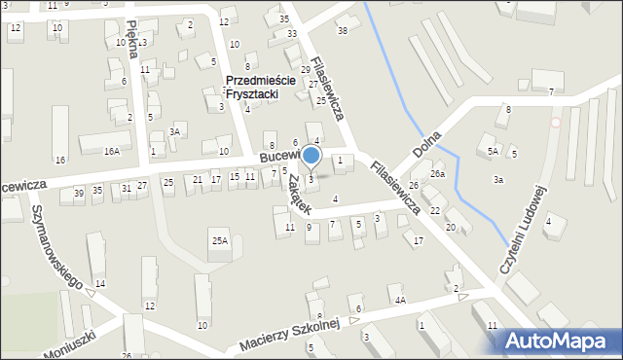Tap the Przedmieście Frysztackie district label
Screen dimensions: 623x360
tap(252, 88)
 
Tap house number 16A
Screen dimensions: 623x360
tap(112, 151)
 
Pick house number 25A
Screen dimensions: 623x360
tap(220, 240)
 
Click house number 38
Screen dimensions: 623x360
tap(342, 31)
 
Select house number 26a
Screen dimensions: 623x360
tap(438, 174)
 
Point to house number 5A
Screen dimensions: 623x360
tap(494, 151)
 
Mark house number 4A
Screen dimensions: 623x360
tap(400, 301)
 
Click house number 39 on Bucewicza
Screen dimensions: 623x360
tap(79, 192)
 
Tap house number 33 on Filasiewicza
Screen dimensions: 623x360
tap(292, 34)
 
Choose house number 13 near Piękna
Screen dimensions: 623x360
tap(143, 42)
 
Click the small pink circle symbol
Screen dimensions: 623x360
tap(556, 123)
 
